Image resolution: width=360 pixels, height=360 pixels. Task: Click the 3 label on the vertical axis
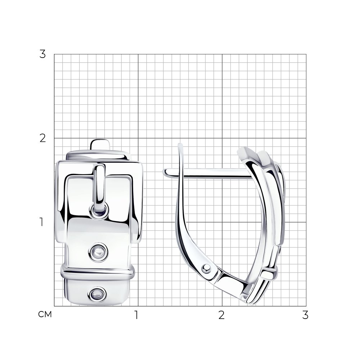coord(42,54)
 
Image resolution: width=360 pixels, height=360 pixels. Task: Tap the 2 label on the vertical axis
coord(42,138)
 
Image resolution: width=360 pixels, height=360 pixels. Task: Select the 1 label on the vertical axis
coord(41,222)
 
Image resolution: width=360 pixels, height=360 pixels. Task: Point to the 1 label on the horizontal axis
coord(136,315)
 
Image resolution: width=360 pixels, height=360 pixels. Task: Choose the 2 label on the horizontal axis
coord(221,315)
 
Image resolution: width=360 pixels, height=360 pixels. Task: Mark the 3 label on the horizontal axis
coord(305,315)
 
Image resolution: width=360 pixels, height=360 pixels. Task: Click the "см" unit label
coord(45,314)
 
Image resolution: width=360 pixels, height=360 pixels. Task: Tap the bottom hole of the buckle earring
coord(97,294)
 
